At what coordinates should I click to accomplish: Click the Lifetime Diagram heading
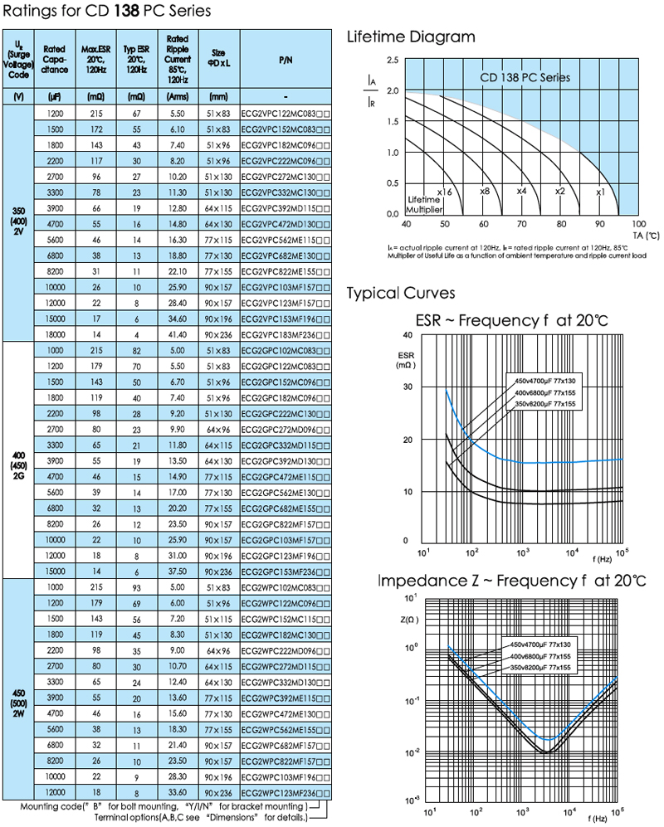pyautogui.click(x=410, y=36)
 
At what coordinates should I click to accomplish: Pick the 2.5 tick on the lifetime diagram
pyautogui.click(x=392, y=61)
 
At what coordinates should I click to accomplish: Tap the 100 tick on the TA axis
pyautogui.click(x=638, y=224)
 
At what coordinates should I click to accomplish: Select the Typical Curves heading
pyautogui.click(x=400, y=294)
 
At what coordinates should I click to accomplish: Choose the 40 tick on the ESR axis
pyautogui.click(x=407, y=334)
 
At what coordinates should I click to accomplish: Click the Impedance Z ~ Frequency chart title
pyautogui.click(x=510, y=579)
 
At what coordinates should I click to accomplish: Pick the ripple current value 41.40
pyautogui.click(x=176, y=332)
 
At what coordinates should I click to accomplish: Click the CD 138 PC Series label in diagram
pyautogui.click(x=525, y=77)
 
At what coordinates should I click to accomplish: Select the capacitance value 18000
pyautogui.click(x=56, y=332)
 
